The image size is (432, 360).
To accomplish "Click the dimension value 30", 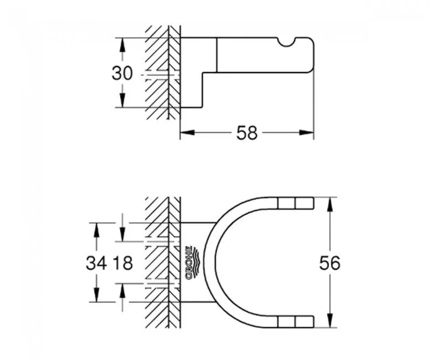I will click(122, 73).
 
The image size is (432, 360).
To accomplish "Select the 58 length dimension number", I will click(247, 133).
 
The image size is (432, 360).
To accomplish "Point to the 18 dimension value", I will click(123, 263).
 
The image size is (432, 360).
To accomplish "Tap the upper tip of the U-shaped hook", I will click(304, 203).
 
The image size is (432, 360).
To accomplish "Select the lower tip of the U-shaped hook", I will click(304, 321).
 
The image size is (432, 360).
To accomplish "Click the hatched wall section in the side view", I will click(163, 72).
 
